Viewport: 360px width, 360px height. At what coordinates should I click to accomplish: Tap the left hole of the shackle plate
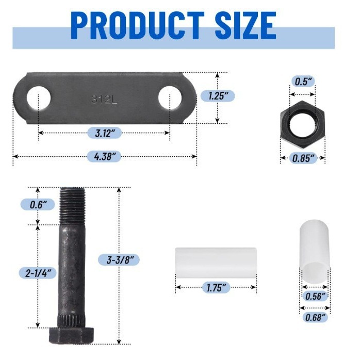point(39,98)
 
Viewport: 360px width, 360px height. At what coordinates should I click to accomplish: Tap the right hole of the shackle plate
point(170,98)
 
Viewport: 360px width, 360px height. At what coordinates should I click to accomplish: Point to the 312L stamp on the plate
point(104,99)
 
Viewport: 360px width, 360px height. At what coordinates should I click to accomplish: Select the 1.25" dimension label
point(218,96)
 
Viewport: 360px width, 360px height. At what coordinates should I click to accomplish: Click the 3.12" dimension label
point(104,133)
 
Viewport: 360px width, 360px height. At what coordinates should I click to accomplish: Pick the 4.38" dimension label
point(104,155)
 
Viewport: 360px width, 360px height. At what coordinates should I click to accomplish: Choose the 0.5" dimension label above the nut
point(302,81)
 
